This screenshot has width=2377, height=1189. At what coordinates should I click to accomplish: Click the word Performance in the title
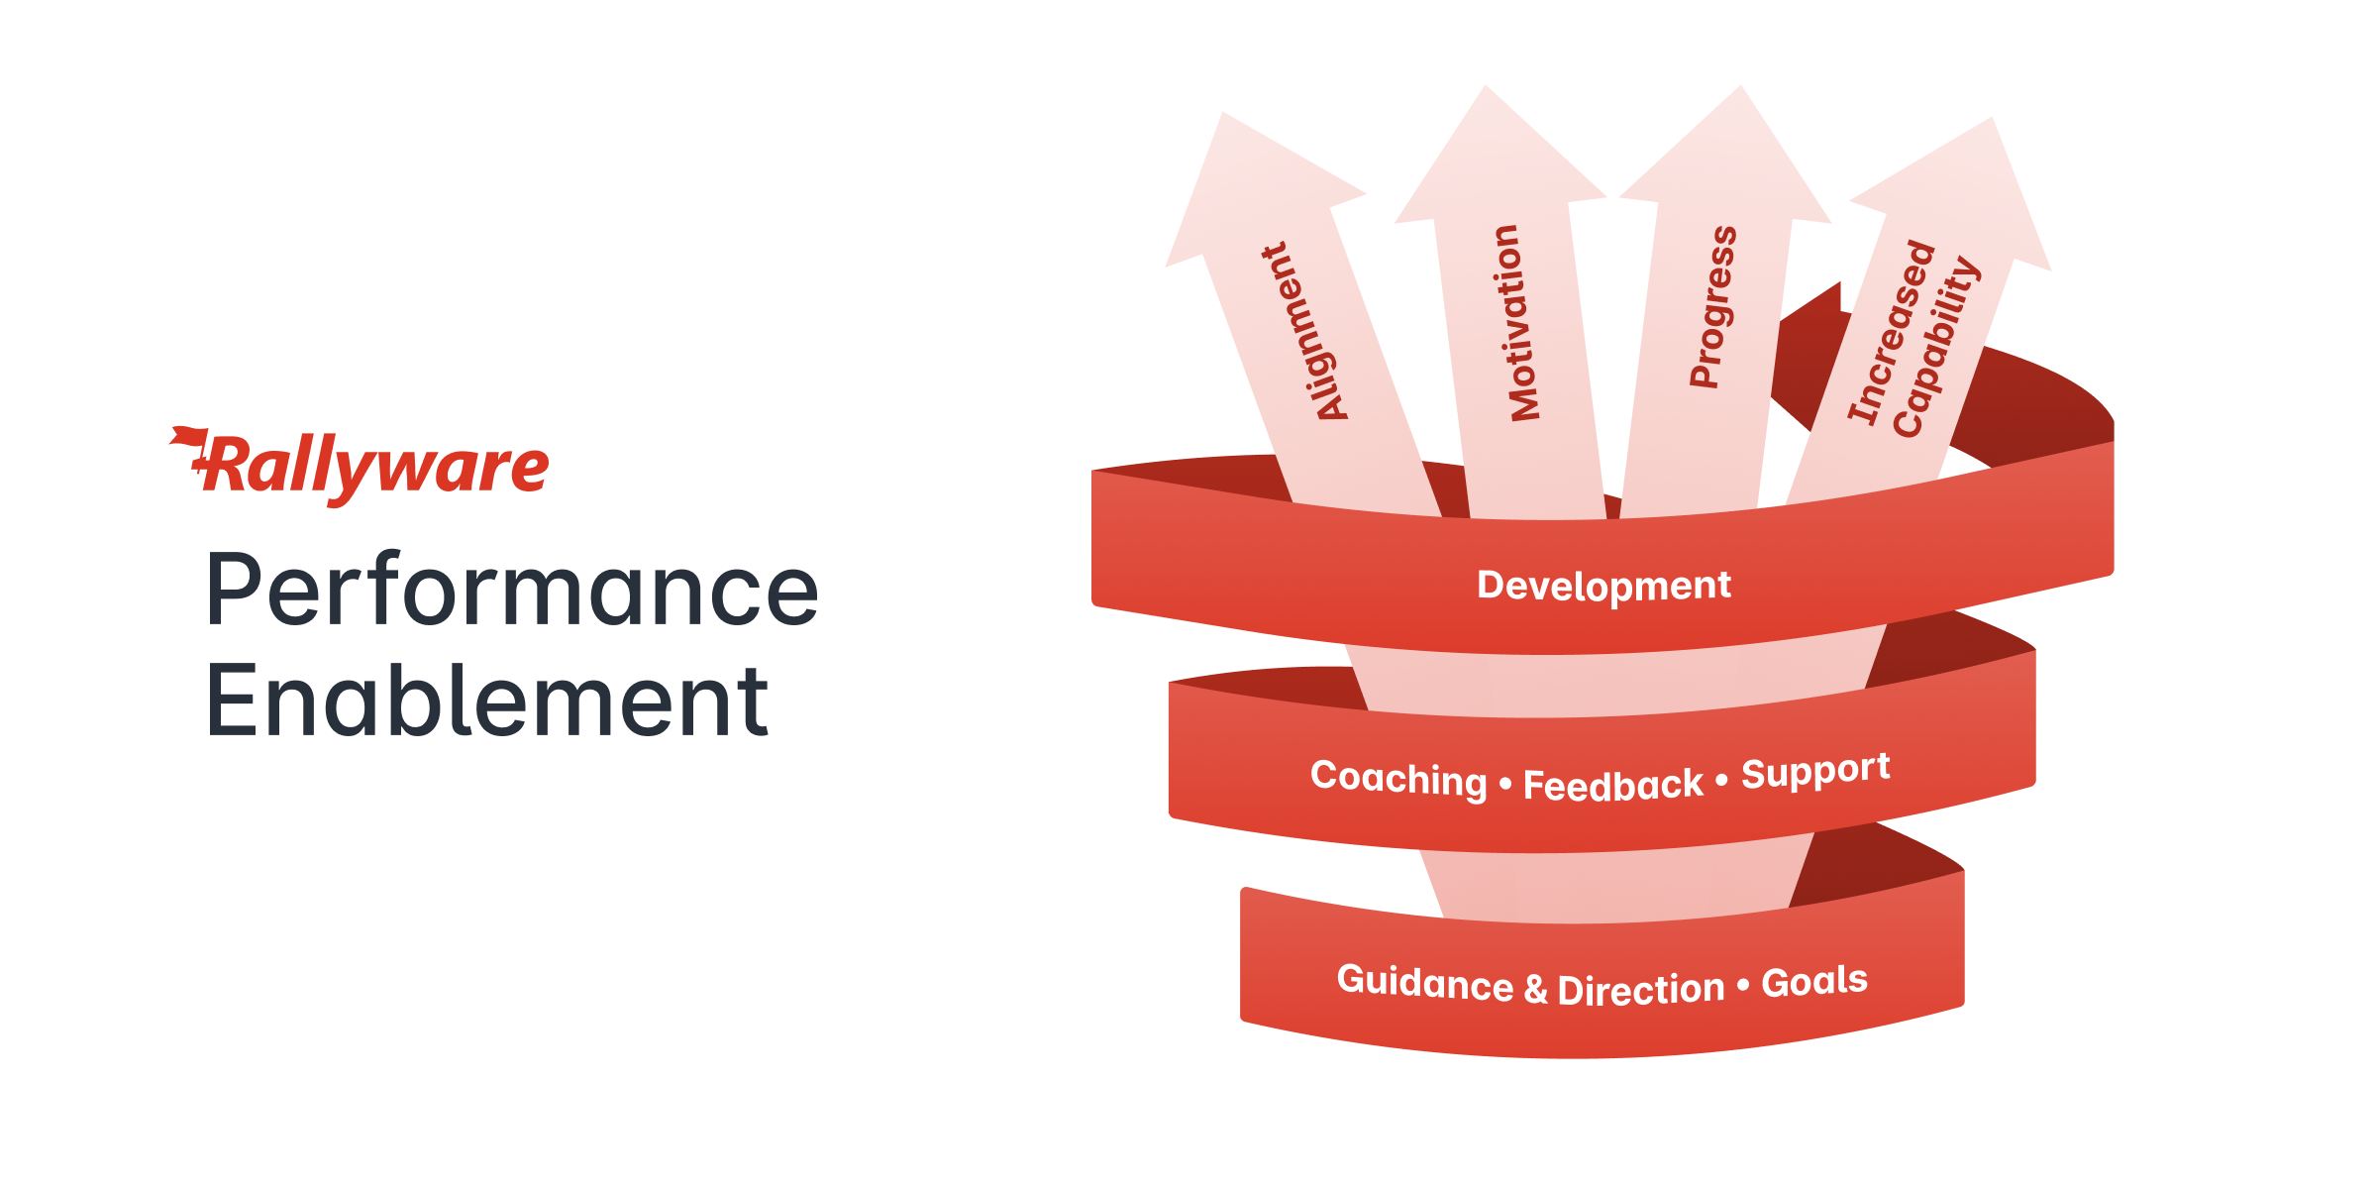[512, 591]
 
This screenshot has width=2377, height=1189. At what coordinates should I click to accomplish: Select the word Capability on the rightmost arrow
[1936, 347]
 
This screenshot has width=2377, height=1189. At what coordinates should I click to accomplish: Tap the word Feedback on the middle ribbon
[1613, 786]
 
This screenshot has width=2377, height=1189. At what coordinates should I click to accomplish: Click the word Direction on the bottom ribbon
[1641, 990]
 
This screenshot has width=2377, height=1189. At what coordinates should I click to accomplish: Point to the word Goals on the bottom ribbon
[1814, 981]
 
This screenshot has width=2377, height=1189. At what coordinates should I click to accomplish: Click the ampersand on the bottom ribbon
[1535, 989]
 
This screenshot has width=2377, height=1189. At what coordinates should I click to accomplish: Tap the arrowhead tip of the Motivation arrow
[1486, 86]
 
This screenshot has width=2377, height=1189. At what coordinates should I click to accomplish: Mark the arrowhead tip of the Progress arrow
[1740, 86]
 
